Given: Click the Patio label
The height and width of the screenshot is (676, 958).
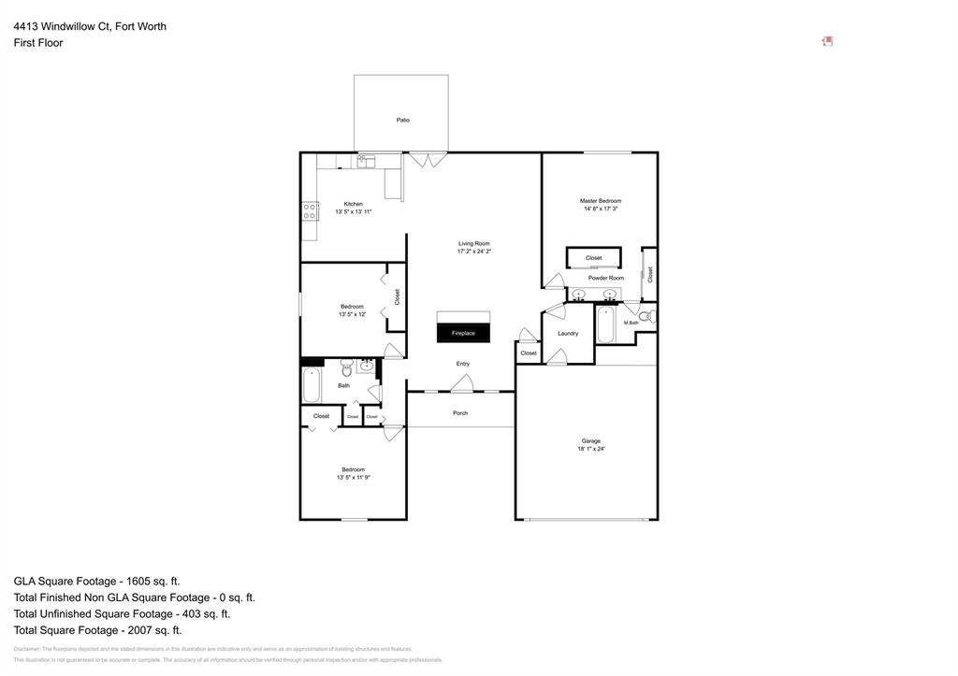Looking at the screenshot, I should point(402,120).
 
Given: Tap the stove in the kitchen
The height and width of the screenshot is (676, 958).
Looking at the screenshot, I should point(309,211).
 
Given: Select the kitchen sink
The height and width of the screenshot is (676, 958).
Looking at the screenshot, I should point(366,162).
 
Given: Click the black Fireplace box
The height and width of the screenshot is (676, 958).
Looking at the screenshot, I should point(463,333).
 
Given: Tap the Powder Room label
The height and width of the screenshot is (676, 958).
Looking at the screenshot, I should point(605,278).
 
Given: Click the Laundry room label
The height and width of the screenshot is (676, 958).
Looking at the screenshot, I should point(567,333).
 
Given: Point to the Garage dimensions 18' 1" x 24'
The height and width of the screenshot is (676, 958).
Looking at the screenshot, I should point(591,449).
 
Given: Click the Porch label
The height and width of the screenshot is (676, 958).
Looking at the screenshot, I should point(459,412).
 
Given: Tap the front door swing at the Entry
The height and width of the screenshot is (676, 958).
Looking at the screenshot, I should point(460,383).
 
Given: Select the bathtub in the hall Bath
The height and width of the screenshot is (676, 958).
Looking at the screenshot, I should point(312,385).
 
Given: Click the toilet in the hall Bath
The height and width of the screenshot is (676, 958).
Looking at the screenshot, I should point(345,366).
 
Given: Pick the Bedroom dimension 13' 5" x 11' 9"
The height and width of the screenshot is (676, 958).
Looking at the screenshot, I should point(354,477).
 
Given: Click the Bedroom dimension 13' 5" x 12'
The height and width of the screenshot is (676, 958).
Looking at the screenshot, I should point(352,314).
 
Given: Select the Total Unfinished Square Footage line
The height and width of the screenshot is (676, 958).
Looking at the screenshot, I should point(122,613).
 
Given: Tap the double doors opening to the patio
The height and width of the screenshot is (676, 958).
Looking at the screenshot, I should point(428,160).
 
